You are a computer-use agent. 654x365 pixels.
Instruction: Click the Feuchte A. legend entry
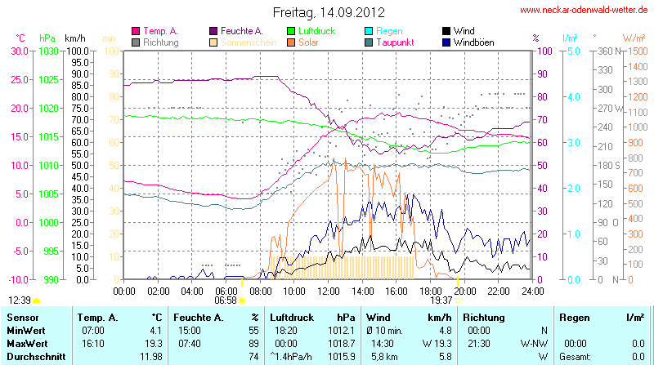point(241,31)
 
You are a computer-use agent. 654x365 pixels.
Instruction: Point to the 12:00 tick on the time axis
point(328,289)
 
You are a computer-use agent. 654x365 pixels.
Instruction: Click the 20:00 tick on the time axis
point(464,289)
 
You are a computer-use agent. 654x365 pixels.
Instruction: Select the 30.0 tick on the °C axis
point(19,51)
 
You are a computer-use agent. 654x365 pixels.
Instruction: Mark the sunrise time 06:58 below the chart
point(225,300)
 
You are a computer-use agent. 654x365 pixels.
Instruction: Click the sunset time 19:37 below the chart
point(441,300)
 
